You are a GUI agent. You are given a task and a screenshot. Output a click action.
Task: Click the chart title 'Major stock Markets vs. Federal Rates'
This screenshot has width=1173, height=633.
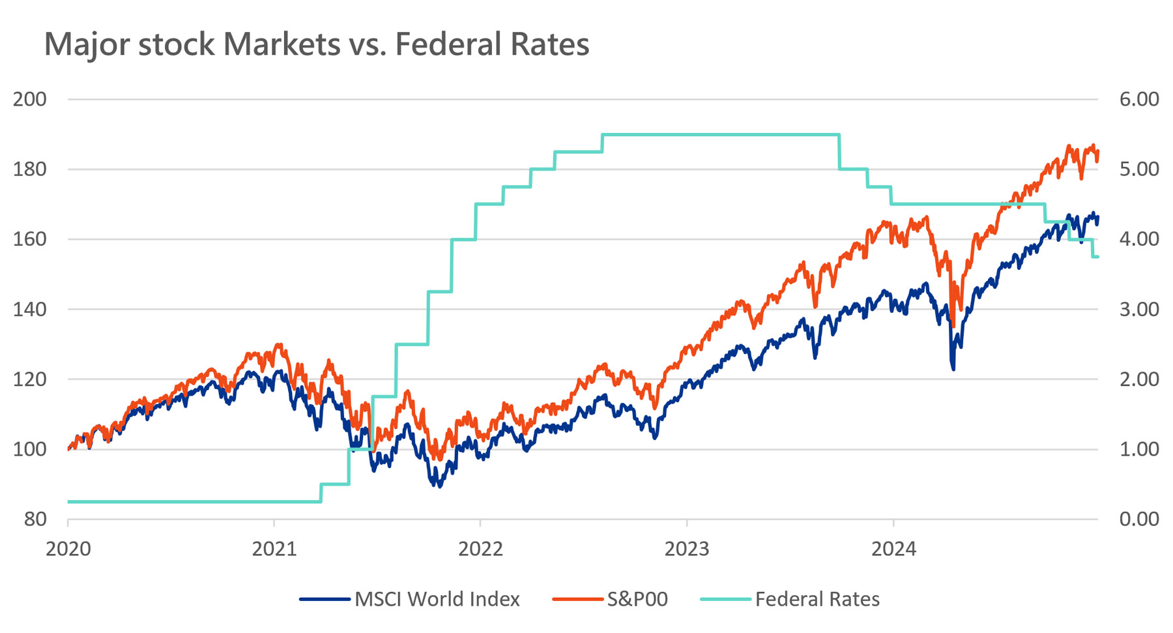click(x=317, y=44)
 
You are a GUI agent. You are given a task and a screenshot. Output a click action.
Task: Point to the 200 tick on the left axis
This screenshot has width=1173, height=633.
click(x=30, y=99)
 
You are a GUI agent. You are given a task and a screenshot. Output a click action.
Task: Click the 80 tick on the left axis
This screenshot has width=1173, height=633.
click(x=35, y=519)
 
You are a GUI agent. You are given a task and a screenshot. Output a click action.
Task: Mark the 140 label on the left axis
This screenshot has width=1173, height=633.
click(x=30, y=309)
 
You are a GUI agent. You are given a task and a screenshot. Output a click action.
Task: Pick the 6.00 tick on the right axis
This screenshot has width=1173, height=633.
click(x=1139, y=99)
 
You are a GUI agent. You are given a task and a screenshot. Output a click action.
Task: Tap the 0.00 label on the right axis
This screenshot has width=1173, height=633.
click(x=1139, y=519)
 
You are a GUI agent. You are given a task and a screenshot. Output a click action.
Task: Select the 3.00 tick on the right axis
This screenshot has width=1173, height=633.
click(x=1139, y=309)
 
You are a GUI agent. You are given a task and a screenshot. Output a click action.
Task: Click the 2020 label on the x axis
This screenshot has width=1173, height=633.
click(x=68, y=549)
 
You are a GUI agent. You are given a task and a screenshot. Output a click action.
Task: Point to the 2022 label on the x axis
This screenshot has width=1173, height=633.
click(x=480, y=549)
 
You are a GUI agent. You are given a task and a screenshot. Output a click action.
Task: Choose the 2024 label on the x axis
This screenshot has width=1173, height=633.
click(x=893, y=549)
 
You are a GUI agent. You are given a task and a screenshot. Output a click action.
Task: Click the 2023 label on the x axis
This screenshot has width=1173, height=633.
click(x=687, y=549)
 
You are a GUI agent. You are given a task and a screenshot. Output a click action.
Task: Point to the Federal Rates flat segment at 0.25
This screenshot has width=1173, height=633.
click(x=195, y=502)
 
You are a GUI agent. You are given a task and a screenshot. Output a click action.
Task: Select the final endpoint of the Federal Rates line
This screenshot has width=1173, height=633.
click(x=1098, y=257)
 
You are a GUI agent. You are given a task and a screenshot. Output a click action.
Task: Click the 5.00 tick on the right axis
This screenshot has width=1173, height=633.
click(x=1139, y=169)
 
